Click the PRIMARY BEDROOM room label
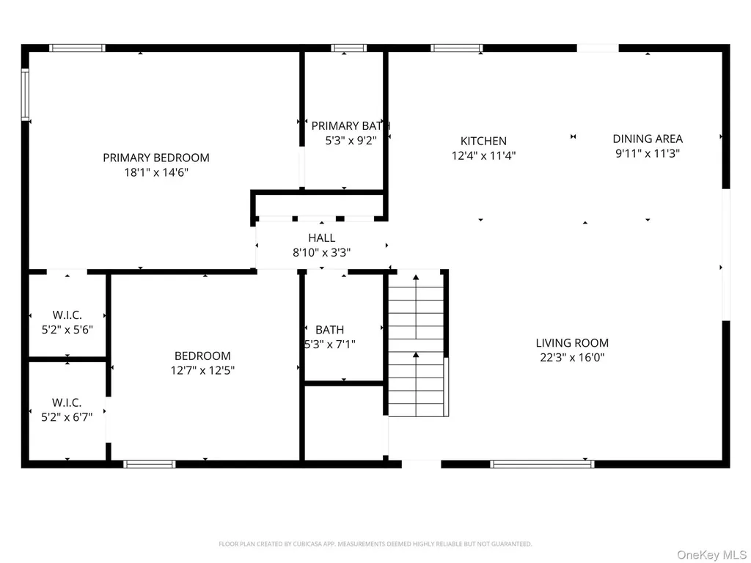coord(156,158)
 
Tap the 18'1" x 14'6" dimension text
coord(156,172)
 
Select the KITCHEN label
coord(483,141)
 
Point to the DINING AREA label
coord(648,139)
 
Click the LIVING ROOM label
coord(572,343)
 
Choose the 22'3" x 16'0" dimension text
coord(572,357)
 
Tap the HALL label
coord(321,238)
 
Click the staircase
coord(417,344)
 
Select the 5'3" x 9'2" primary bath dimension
coord(351,141)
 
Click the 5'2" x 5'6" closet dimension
coord(67,329)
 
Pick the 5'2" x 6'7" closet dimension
coord(67,417)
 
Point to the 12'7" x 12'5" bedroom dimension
coord(202,370)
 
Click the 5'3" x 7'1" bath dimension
coord(330,345)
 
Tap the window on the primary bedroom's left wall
coord(25,95)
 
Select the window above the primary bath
coord(348,48)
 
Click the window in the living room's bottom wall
coord(542,464)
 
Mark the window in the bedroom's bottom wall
coord(150,464)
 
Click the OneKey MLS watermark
coord(711,555)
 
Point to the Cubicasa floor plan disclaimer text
coord(375,544)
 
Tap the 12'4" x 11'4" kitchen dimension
coord(484,155)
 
